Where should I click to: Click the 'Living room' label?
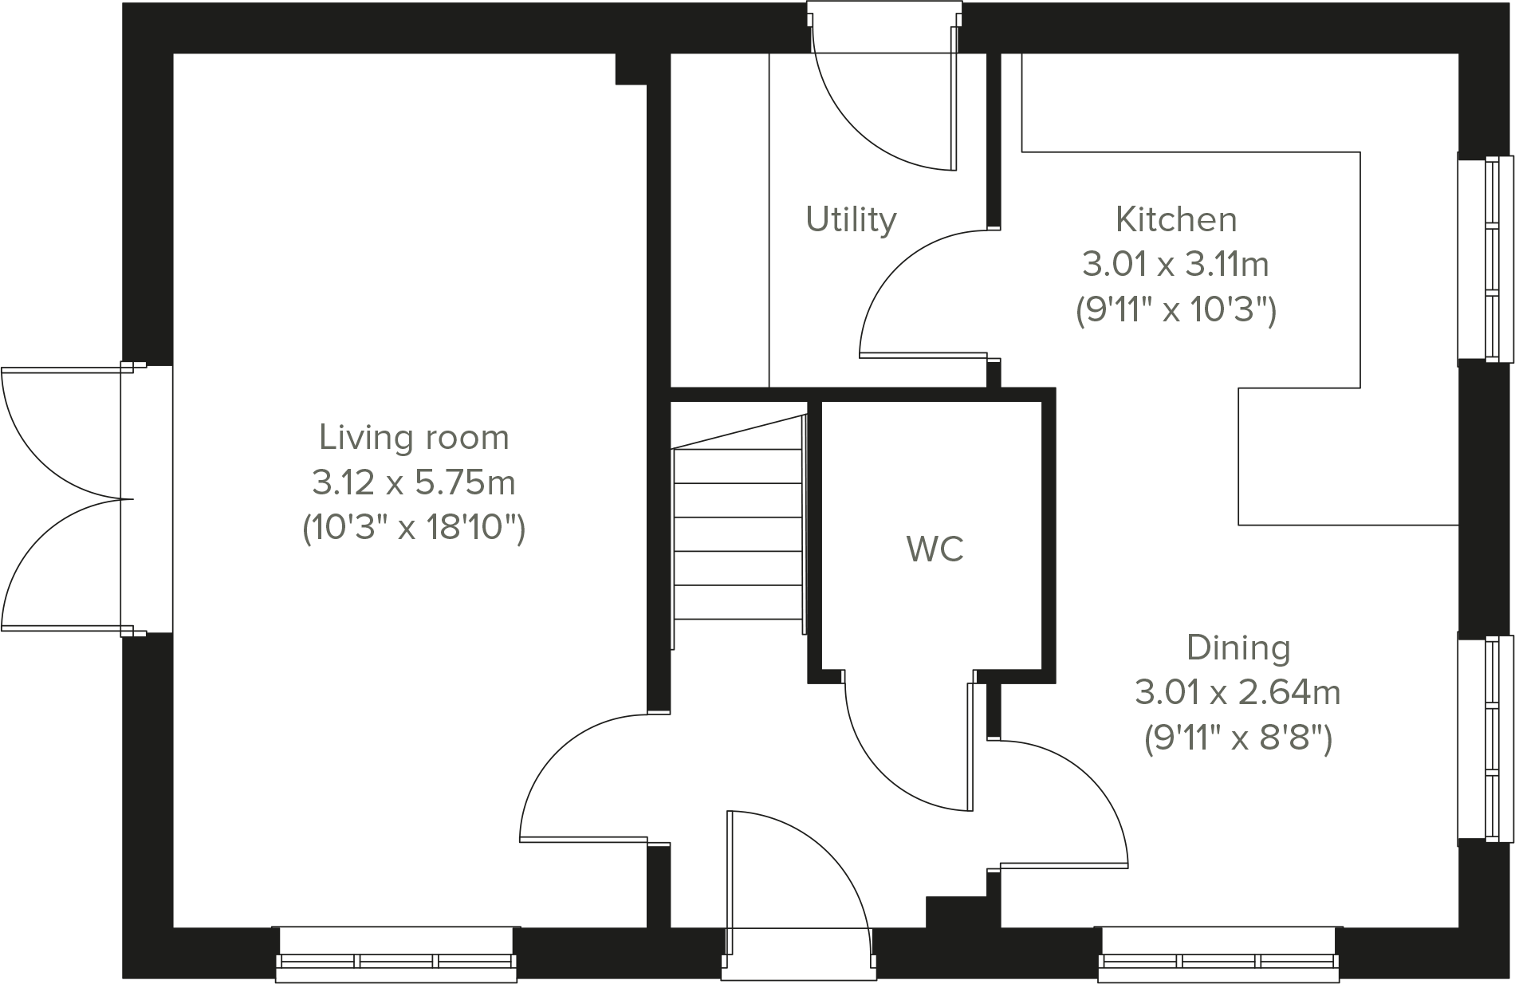tap(414, 438)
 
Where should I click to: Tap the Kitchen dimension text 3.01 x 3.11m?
tap(1175, 264)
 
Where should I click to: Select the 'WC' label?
tap(935, 549)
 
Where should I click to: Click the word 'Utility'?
tap(851, 219)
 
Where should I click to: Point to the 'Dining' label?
tap(1238, 647)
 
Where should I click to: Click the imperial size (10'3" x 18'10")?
tap(414, 528)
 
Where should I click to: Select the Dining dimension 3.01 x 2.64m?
tap(1238, 692)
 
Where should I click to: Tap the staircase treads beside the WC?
tap(738, 534)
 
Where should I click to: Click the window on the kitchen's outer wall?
tap(1485, 258)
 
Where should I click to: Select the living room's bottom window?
tap(396, 954)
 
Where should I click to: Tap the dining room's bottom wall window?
tap(1218, 954)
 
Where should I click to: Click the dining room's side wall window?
tap(1485, 738)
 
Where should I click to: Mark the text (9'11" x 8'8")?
tap(1238, 738)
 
